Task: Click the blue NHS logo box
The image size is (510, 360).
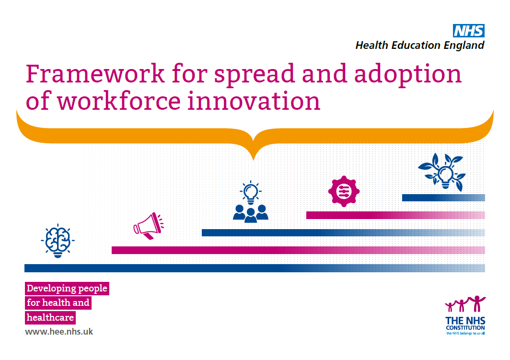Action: pyautogui.click(x=469, y=31)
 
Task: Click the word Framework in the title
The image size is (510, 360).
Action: pyautogui.click(x=95, y=73)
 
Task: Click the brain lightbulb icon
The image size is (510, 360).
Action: pyautogui.click(x=58, y=241)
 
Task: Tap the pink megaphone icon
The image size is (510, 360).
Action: pyautogui.click(x=148, y=226)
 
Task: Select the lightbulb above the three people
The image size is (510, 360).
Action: pyautogui.click(x=250, y=192)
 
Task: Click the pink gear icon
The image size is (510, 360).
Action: pyautogui.click(x=344, y=191)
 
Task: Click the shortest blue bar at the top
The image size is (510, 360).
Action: pyautogui.click(x=443, y=197)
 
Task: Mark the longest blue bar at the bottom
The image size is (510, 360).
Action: pyautogui.click(x=255, y=268)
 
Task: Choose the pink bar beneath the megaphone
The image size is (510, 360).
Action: pyautogui.click(x=298, y=250)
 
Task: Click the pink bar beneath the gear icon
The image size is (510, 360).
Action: pyautogui.click(x=395, y=215)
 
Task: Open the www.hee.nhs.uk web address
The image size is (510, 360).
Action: pyautogui.click(x=59, y=332)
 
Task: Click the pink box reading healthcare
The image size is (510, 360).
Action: pyautogui.click(x=50, y=317)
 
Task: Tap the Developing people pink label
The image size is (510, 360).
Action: pyautogui.click(x=67, y=289)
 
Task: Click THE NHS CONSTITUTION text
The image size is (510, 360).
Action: pyautogui.click(x=465, y=324)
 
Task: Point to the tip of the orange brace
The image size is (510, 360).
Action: pyautogui.click(x=254, y=160)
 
